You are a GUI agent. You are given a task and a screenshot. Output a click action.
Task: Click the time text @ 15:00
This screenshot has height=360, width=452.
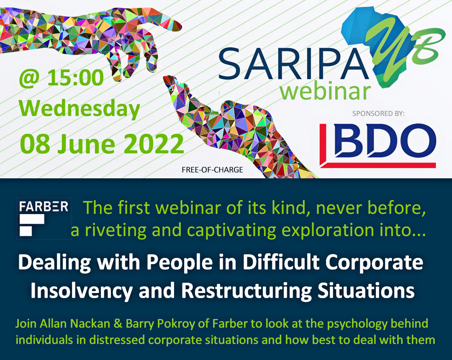(61, 78)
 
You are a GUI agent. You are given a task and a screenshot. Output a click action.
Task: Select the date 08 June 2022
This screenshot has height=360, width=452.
(102, 144)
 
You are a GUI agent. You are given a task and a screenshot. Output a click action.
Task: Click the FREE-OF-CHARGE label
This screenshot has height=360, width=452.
(212, 170)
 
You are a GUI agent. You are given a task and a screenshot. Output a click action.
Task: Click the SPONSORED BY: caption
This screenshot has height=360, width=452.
(378, 113)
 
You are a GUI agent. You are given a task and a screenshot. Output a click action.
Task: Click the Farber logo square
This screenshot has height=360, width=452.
(44, 219)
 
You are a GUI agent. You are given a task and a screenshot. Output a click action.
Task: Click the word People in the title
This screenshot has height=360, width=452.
(180, 263)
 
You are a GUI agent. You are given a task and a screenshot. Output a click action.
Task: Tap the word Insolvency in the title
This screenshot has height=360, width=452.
(81, 291)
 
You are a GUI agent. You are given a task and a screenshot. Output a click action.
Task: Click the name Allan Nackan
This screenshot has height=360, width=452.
(75, 324)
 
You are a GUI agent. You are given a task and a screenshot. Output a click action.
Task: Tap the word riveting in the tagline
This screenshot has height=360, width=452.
(116, 230)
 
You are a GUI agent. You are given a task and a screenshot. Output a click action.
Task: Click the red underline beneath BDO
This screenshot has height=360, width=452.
(378, 165)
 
